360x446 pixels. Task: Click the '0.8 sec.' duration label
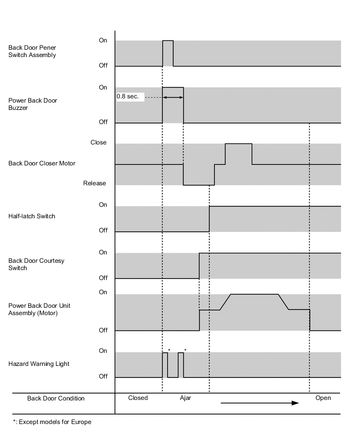(128, 97)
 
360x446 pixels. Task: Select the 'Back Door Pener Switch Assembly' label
(32, 51)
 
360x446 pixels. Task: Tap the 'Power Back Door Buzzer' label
(32, 104)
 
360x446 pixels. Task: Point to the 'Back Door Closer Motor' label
(42, 163)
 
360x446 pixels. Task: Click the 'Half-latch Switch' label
(32, 216)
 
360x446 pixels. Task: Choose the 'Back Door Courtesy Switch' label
(36, 264)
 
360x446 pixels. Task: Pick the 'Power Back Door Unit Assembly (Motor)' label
(39, 309)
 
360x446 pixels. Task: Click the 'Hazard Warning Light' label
(39, 364)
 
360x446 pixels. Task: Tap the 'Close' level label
(98, 142)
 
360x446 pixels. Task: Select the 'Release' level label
(95, 183)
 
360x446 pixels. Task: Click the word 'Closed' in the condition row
(138, 398)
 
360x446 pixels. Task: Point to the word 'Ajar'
(185, 398)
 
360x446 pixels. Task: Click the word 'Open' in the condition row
(323, 398)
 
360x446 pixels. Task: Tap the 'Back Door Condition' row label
(55, 398)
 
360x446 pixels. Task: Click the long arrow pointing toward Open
(260, 403)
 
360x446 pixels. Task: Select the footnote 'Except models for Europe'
(52, 422)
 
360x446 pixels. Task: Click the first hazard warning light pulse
(165, 364)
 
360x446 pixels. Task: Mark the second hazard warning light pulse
(181, 364)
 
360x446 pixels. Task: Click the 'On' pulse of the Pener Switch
(168, 52)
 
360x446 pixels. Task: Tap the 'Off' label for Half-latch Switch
(103, 230)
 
